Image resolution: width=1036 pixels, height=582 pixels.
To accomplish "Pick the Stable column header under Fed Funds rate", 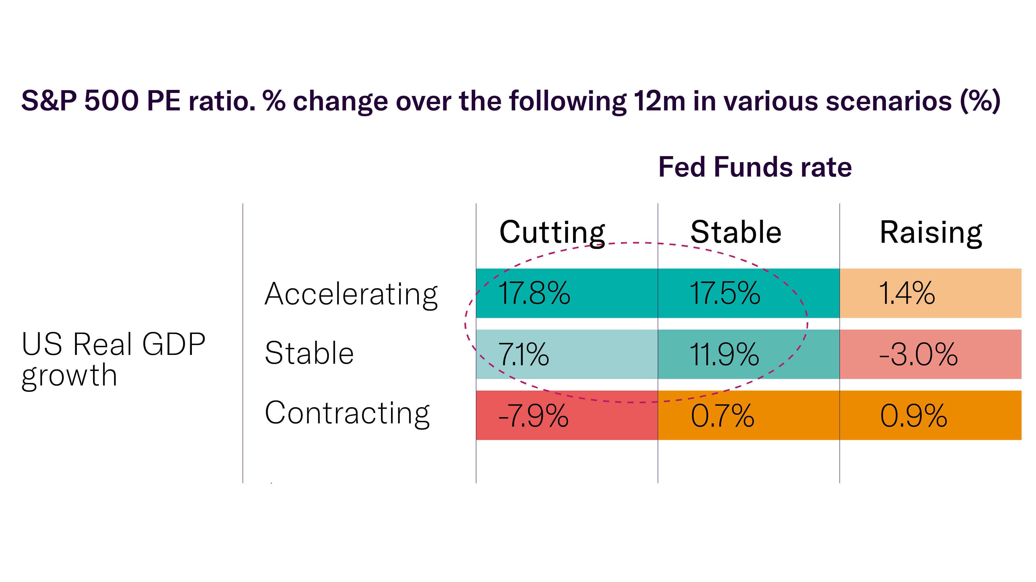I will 736,232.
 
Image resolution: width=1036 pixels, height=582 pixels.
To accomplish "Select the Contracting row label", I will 347,413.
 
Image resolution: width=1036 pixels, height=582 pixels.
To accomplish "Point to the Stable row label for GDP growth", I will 309,353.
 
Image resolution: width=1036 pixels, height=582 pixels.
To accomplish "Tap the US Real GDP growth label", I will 114,359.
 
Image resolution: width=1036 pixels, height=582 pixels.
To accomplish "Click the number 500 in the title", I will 111,101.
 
